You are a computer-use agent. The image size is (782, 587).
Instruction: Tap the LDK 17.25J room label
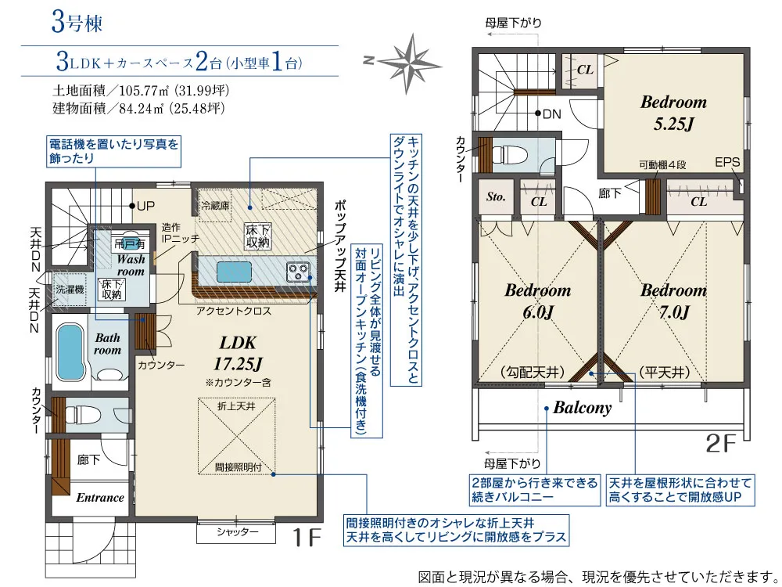238,354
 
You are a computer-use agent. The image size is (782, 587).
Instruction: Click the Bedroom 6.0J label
537,301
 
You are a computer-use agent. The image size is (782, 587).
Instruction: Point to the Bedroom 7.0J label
673,301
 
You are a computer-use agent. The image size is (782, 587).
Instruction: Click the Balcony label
582,408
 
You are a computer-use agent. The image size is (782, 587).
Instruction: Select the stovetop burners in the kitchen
300,272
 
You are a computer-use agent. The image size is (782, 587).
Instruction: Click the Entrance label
99,497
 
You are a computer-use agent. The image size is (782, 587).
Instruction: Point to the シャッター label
238,532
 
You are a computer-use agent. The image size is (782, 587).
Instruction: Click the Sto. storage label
496,197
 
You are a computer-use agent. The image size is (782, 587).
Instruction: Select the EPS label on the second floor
727,163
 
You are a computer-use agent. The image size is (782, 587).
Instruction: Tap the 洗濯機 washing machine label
70,288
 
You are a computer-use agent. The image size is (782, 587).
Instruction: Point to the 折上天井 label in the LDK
235,405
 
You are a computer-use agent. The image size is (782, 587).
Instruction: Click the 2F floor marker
721,445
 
